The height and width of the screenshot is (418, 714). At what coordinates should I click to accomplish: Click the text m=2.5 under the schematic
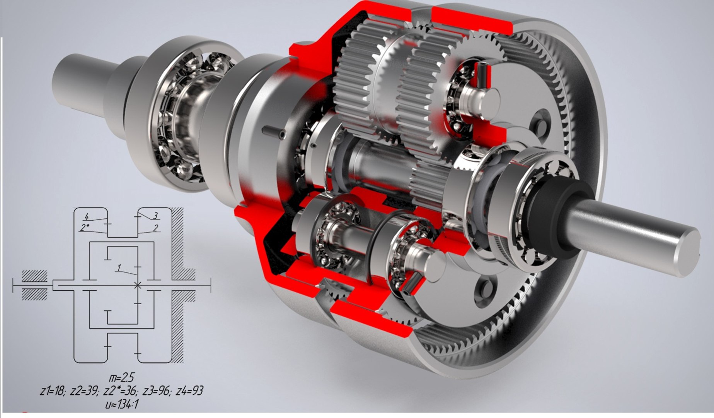click(122, 377)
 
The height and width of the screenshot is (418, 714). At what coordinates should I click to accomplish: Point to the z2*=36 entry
click(120, 391)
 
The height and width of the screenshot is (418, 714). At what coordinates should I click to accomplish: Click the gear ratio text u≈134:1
click(122, 404)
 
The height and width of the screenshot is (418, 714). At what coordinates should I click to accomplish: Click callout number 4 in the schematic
click(87, 216)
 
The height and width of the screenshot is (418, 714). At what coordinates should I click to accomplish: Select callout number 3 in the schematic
click(156, 216)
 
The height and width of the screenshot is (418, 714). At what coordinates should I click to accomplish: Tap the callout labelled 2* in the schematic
click(84, 228)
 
